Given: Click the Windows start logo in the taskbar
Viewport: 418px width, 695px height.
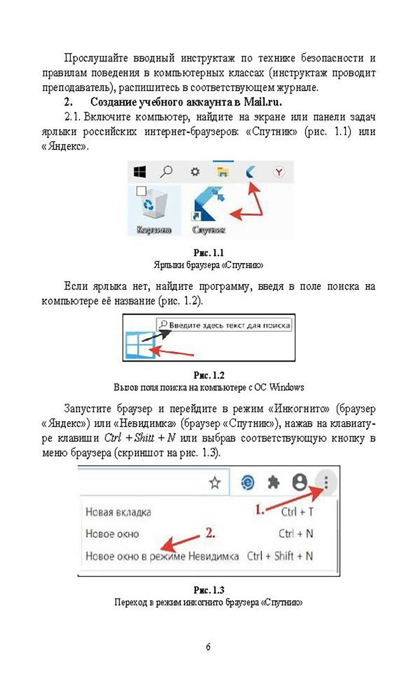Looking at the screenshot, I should tap(139, 172).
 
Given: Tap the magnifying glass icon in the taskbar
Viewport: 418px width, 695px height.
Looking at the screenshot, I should tap(166, 172).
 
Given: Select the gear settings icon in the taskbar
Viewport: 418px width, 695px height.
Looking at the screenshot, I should tap(195, 172).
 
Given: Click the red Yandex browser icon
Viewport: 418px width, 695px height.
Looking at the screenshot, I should tap(279, 172).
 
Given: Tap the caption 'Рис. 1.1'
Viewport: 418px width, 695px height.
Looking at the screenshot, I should tap(208, 253).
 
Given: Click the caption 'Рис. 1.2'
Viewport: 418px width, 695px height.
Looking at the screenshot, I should tap(209, 375).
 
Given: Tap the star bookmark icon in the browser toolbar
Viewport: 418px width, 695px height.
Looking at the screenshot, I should tap(215, 483).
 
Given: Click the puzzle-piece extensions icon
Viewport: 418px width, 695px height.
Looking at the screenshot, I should tap(274, 483).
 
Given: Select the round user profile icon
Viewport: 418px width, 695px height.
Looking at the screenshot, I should tap(300, 483).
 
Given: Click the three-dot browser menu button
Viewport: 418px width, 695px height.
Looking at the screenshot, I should tap(326, 483).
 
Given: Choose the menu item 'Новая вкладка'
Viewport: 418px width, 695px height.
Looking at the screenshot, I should tap(119, 512).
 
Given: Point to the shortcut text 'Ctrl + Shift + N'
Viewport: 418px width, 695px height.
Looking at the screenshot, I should tap(279, 556).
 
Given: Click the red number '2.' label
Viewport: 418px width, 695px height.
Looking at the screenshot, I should tap(210, 533).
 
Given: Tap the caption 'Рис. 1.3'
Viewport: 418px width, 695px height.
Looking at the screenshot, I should tap(209, 590).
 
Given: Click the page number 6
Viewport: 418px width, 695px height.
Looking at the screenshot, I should tap(208, 647).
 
